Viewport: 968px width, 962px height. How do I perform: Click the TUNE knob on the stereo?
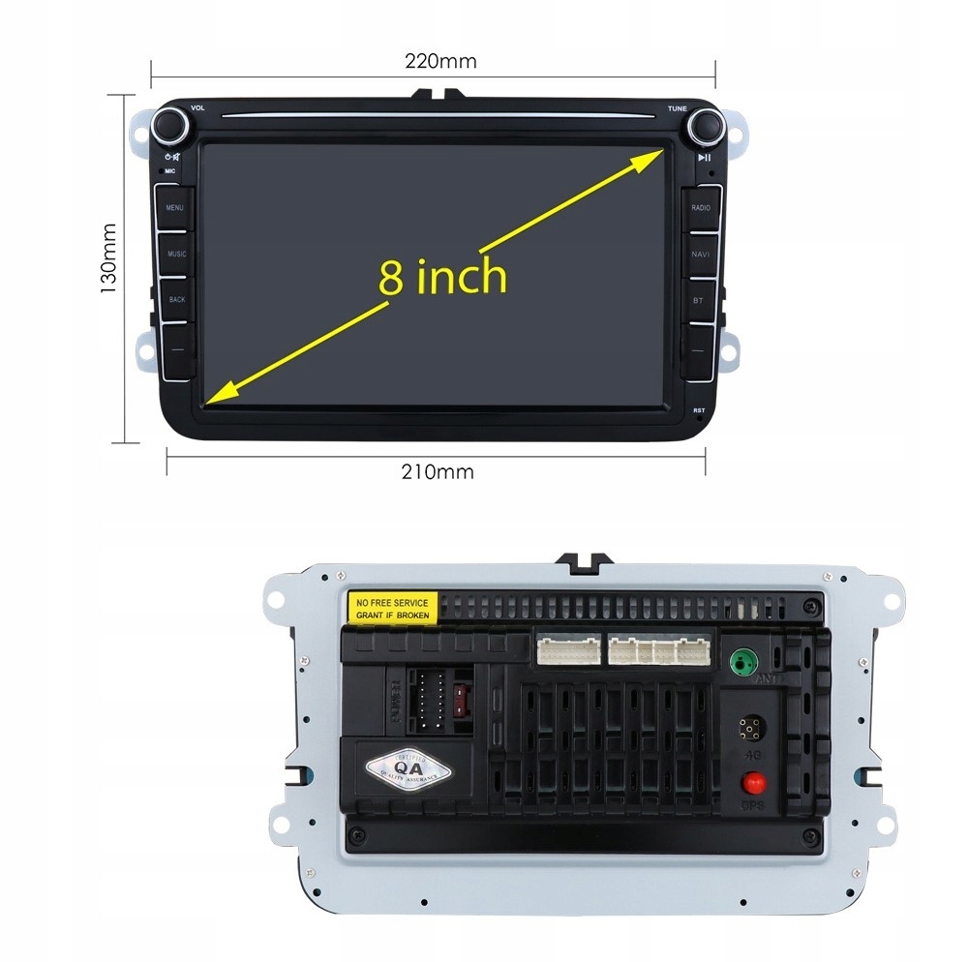pyautogui.click(x=704, y=126)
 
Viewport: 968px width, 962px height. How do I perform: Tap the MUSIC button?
pyautogui.click(x=176, y=254)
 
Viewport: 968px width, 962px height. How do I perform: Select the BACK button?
pyautogui.click(x=176, y=299)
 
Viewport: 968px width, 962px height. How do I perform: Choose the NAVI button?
pyautogui.click(x=700, y=254)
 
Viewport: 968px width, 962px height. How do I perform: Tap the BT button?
pyautogui.click(x=699, y=300)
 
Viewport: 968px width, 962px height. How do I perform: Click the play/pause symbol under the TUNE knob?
pyautogui.click(x=706, y=158)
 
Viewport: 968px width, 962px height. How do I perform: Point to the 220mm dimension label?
pyautogui.click(x=440, y=62)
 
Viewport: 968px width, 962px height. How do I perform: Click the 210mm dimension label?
pyautogui.click(x=438, y=472)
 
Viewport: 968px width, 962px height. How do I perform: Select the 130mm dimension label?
pyautogui.click(x=109, y=259)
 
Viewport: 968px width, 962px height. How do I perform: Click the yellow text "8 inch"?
pyautogui.click(x=442, y=277)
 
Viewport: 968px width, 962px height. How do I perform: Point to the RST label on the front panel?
pyautogui.click(x=699, y=411)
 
